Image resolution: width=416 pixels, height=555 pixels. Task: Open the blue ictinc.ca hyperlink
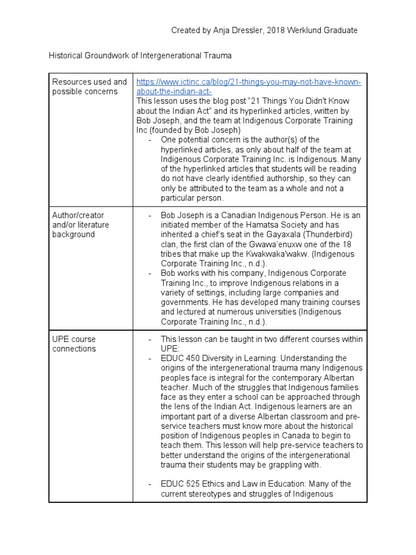pyautogui.click(x=249, y=87)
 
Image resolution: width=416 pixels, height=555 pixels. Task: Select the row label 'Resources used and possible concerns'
pyautogui.click(x=89, y=87)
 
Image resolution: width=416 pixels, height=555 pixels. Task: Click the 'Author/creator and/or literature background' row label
pyautogui.click(x=81, y=225)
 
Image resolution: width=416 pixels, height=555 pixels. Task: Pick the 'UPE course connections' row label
pyautogui.click(x=74, y=344)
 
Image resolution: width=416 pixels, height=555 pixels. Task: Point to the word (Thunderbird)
pyautogui.click(x=332, y=235)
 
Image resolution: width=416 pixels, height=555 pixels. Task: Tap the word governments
pyautogui.click(x=183, y=302)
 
